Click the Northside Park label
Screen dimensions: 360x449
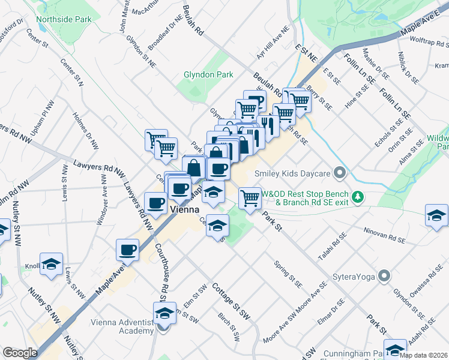64,19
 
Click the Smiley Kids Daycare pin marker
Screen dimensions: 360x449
340,174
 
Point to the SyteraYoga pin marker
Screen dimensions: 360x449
385,277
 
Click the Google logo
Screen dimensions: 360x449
20,353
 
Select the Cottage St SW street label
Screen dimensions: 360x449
230,300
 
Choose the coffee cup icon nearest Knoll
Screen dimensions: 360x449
127,250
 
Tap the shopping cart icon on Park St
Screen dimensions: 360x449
250,197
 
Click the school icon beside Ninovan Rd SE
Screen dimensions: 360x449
436,215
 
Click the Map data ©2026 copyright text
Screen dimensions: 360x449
423,355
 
